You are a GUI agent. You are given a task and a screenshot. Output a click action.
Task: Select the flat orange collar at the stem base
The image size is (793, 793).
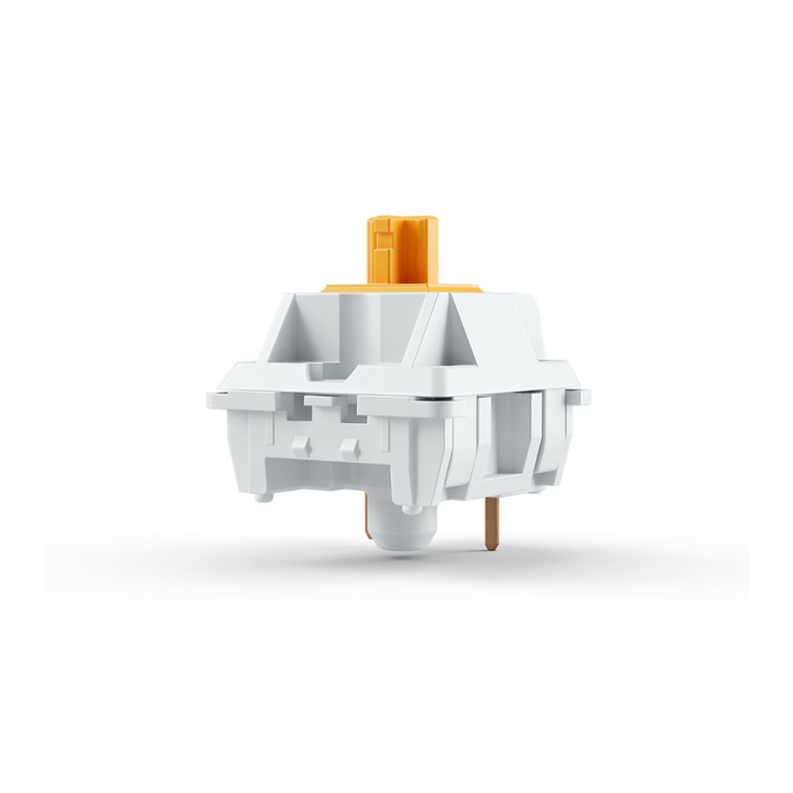401,288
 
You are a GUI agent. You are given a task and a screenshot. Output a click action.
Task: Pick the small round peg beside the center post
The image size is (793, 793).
409,507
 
